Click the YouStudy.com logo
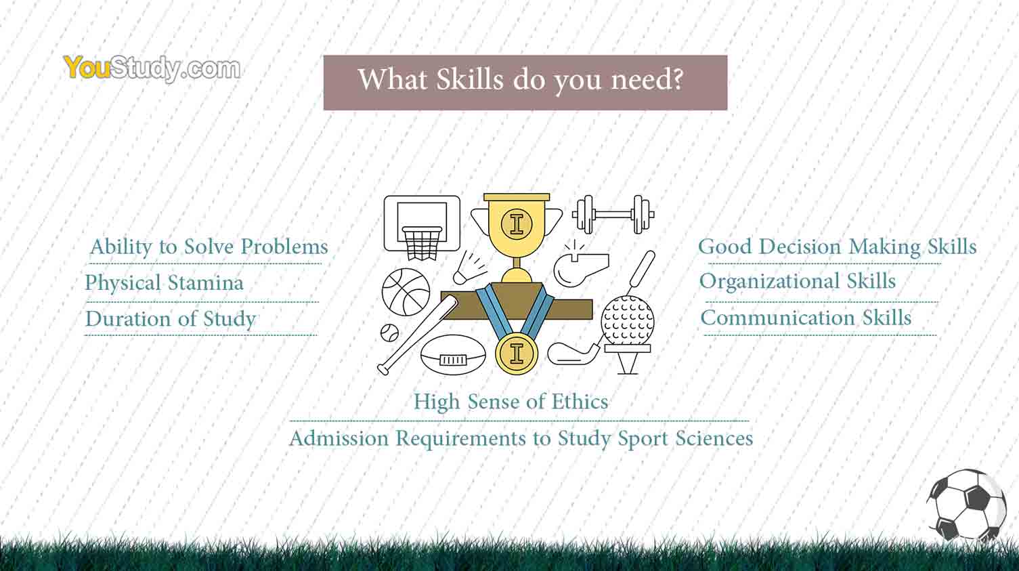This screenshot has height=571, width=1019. tap(152, 68)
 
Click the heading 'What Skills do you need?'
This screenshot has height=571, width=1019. tap(521, 80)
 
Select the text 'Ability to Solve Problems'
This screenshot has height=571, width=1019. tap(209, 247)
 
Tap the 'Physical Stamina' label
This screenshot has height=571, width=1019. tap(165, 282)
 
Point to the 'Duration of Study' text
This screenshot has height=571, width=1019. tap(171, 319)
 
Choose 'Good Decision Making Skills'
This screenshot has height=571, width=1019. tap(838, 247)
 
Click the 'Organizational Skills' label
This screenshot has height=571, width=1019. tap(798, 281)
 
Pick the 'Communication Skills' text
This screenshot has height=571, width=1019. tap(806, 318)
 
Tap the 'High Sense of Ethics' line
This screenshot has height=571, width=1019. tap(511, 402)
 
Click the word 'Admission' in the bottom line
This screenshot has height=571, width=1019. tap(339, 439)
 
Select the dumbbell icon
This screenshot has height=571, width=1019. tap(613, 214)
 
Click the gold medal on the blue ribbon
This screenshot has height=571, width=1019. tap(517, 354)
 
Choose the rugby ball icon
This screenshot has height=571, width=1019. tap(453, 355)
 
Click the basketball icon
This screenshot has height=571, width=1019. tap(406, 292)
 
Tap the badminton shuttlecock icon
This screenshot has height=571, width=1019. tap(469, 268)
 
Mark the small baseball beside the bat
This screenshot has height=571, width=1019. tap(389, 333)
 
